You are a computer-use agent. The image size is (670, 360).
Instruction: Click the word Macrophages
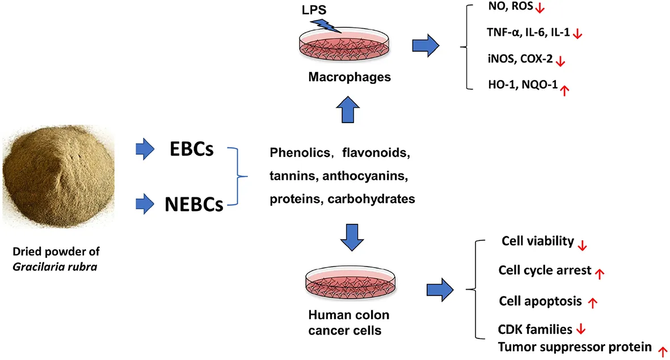pyautogui.click(x=349, y=77)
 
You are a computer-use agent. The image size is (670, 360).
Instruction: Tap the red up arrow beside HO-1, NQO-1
pyautogui.click(x=564, y=88)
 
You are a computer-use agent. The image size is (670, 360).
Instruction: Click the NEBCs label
pyautogui.click(x=193, y=205)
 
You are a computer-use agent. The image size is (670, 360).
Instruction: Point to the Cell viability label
pyautogui.click(x=538, y=242)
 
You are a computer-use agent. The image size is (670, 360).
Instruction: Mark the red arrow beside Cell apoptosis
pyautogui.click(x=593, y=303)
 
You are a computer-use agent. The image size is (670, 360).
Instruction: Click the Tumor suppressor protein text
pyautogui.click(x=574, y=346)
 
